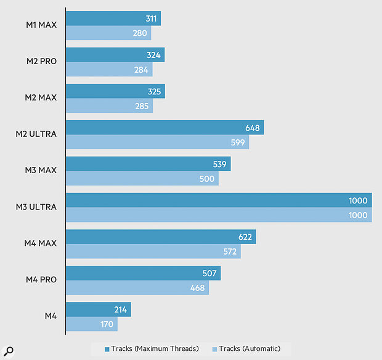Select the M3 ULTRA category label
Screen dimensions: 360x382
pos(36,207)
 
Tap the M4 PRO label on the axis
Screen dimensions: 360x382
pos(41,280)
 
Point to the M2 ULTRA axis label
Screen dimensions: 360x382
pos(36,134)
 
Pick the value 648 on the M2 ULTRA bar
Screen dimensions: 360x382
pos(253,128)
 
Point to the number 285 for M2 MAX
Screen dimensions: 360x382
pos(141,107)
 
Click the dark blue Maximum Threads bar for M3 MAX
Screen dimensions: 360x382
pos(148,164)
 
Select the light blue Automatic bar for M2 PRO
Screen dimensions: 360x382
pos(109,70)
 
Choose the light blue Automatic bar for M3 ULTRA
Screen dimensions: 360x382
pos(219,215)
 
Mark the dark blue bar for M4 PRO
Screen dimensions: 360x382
pos(143,273)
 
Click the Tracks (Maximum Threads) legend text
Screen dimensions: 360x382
pos(155,349)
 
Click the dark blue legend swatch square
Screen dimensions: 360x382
pos(107,349)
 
